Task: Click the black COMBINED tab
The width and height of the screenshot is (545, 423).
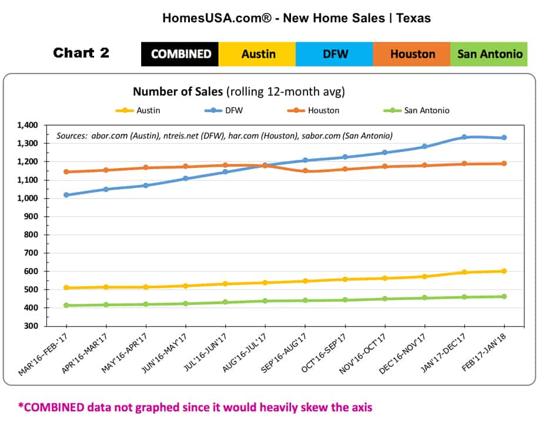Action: coord(180,54)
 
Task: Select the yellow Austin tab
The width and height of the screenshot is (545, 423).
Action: coord(258,54)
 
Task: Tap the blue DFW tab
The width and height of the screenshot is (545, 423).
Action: coord(334,54)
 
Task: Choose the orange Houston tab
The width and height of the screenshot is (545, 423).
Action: coord(412,54)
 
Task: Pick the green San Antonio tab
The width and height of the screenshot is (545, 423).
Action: coord(489,54)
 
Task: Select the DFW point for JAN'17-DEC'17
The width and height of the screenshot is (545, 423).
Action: coord(464,137)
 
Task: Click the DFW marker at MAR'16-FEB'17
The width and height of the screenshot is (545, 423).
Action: coord(66,194)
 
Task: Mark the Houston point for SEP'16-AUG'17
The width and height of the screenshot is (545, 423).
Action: coord(305,171)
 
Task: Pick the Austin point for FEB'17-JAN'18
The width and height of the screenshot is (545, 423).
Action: coord(504,271)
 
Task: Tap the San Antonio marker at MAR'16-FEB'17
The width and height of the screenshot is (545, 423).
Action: coord(66,305)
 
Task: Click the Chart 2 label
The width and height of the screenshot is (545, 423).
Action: coord(81,53)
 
